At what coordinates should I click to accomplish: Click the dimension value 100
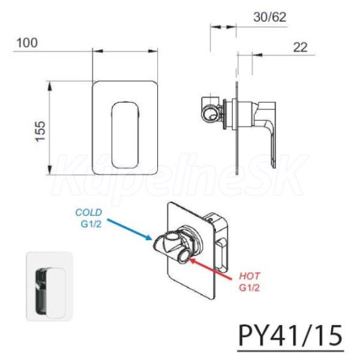coord(27,43)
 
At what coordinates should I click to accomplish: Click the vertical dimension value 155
coord(41,131)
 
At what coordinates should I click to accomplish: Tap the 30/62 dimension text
coord(270,17)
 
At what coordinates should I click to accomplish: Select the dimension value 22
coord(300,47)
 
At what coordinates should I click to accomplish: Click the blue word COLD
coord(89,212)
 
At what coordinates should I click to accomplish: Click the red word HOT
coord(250,276)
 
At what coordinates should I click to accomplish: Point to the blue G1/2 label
coord(91,224)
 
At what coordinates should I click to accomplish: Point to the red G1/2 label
coord(250,287)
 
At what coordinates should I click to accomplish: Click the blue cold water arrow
coord(130,230)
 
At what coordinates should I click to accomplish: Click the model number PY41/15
coord(290,335)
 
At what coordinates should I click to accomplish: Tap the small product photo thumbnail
coord(49,286)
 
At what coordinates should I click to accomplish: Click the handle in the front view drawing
coord(125,136)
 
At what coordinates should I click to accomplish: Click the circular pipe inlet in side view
coord(210,113)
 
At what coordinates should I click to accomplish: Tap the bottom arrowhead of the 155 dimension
coord(49,170)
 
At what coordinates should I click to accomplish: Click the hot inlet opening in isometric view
coord(184,257)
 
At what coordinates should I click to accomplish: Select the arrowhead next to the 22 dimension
coord(257,55)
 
